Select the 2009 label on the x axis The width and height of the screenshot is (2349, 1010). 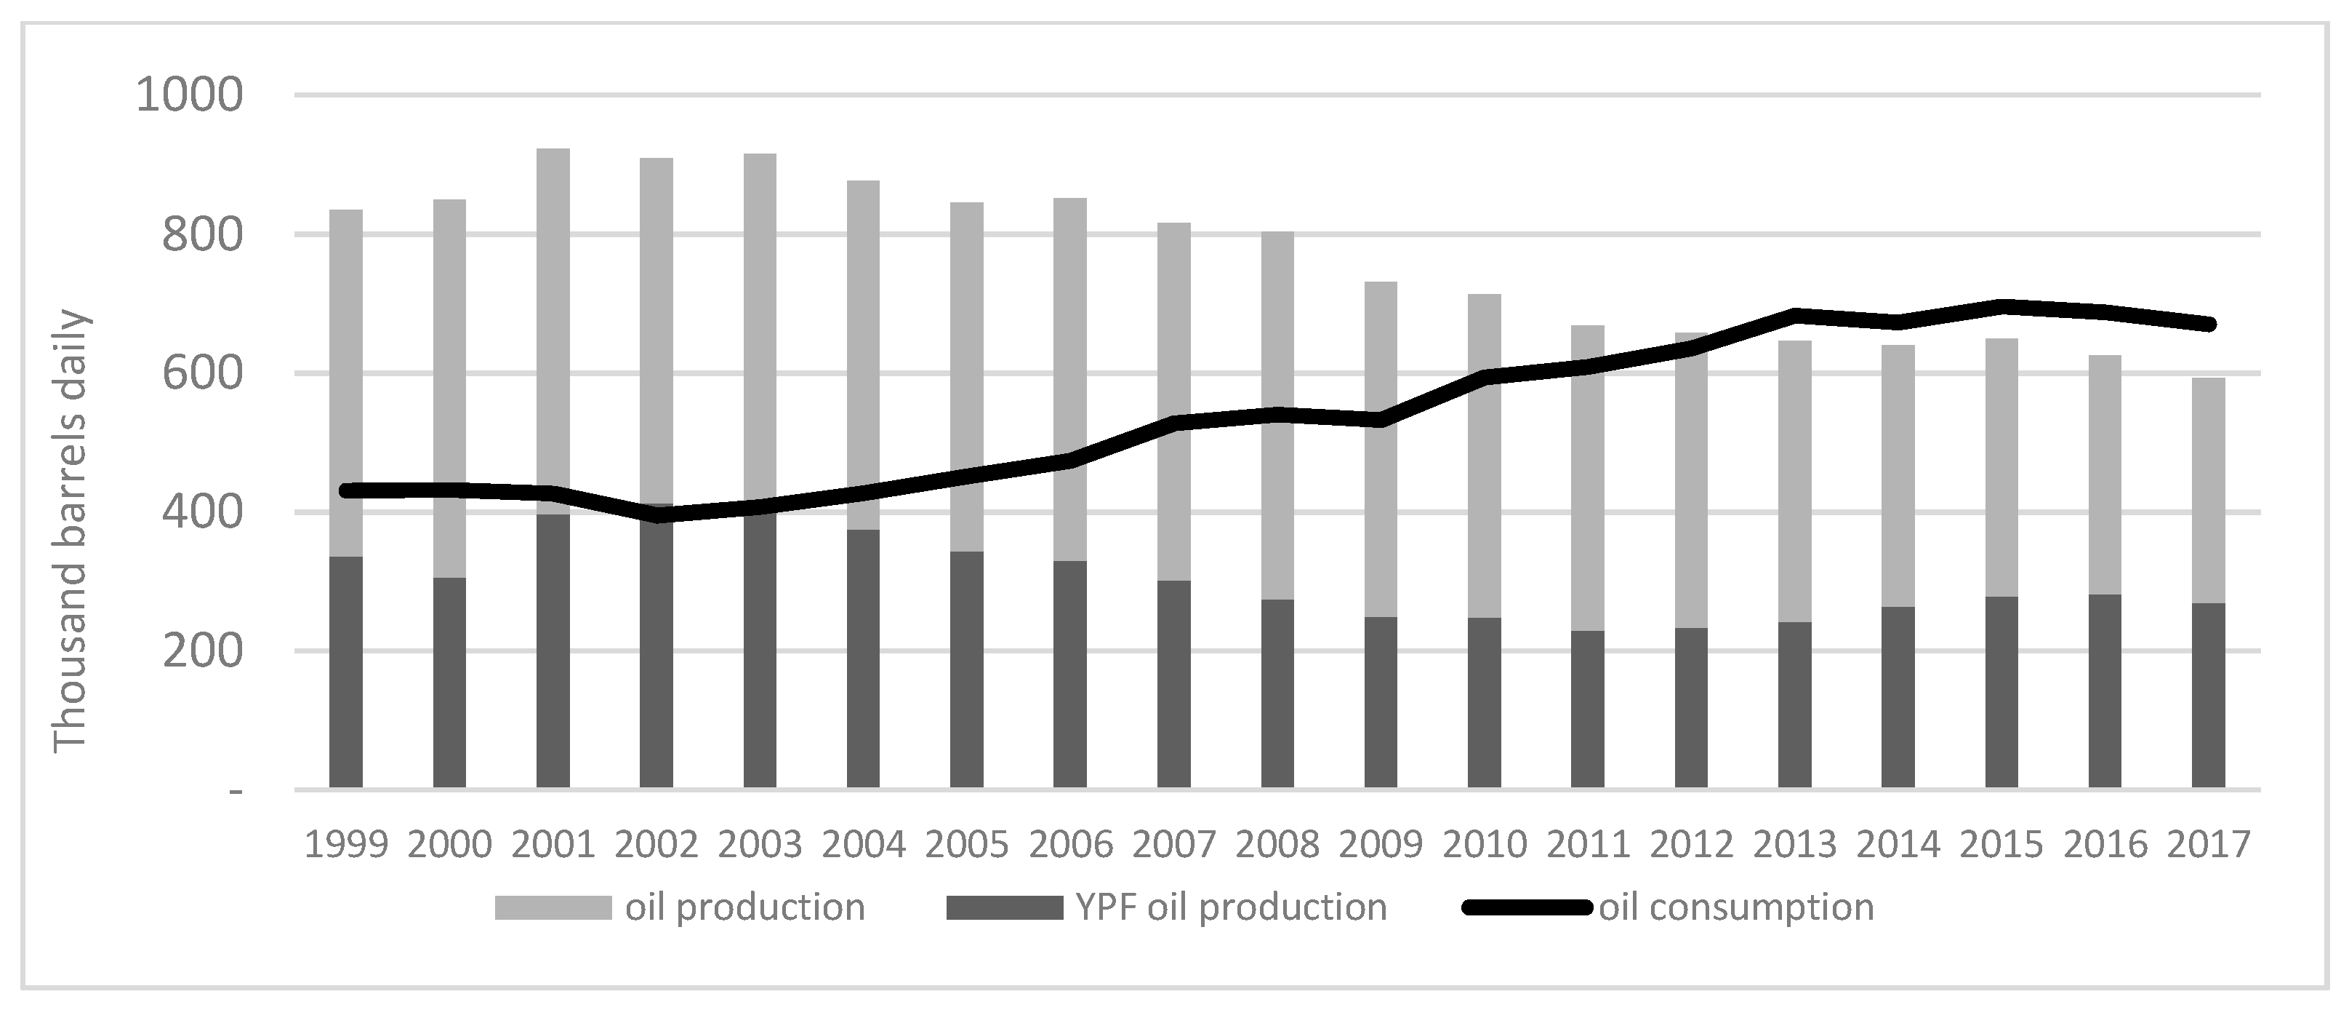[x=1381, y=845]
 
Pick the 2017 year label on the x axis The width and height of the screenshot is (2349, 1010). [x=2208, y=845]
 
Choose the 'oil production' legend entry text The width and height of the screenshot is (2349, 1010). [x=745, y=907]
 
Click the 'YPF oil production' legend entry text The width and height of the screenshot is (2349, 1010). [x=1230, y=907]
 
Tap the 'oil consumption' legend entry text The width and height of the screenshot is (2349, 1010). [x=1736, y=907]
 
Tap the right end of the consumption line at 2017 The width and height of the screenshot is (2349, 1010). [x=2208, y=324]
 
